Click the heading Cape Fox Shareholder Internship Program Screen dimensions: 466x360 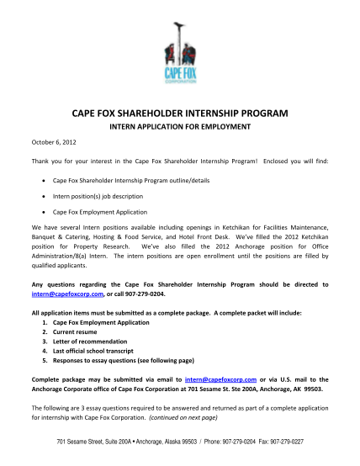click(180, 111)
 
